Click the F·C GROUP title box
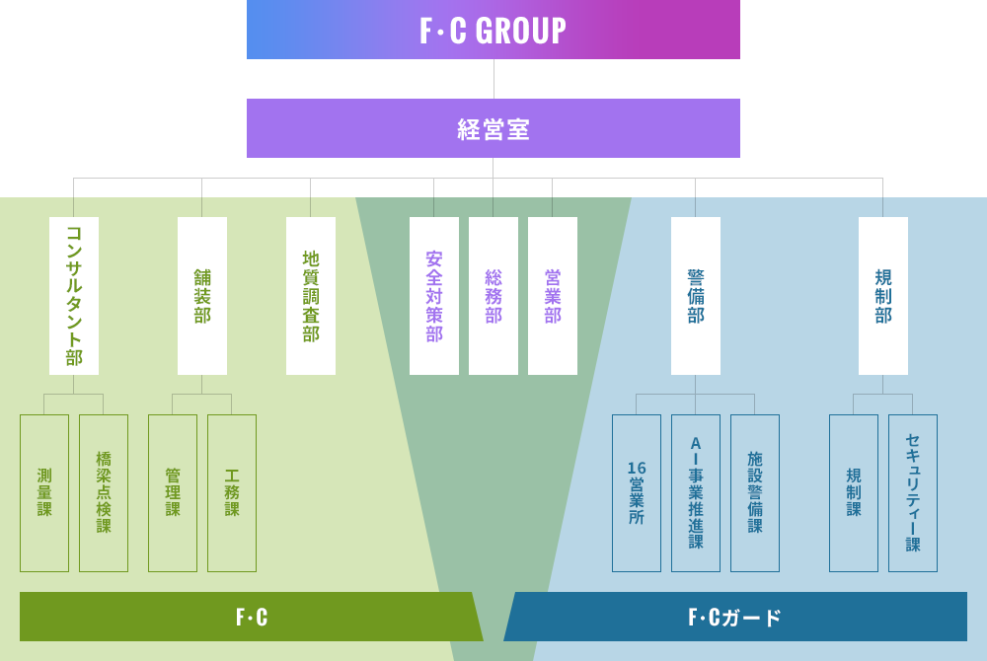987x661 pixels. (x=493, y=30)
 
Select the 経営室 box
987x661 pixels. (x=493, y=128)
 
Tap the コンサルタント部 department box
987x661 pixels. (x=74, y=296)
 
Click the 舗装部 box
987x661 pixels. (x=202, y=296)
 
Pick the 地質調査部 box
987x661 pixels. (x=311, y=296)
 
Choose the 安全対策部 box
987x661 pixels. (x=434, y=296)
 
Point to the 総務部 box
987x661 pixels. (x=493, y=296)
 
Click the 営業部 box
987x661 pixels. (x=553, y=296)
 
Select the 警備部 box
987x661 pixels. (x=696, y=296)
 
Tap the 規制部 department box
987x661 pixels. (x=883, y=296)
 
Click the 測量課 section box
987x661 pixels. (x=44, y=493)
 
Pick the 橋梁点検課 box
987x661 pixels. (x=104, y=493)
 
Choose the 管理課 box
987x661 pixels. (x=173, y=493)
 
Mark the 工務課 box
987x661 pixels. (x=232, y=493)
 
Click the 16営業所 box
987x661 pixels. (x=637, y=493)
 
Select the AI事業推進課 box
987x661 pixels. (x=696, y=493)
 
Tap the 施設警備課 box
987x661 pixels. (x=755, y=493)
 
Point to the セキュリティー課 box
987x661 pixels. (x=913, y=493)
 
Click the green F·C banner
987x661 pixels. (x=252, y=617)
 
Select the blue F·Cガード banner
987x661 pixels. (x=735, y=617)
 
